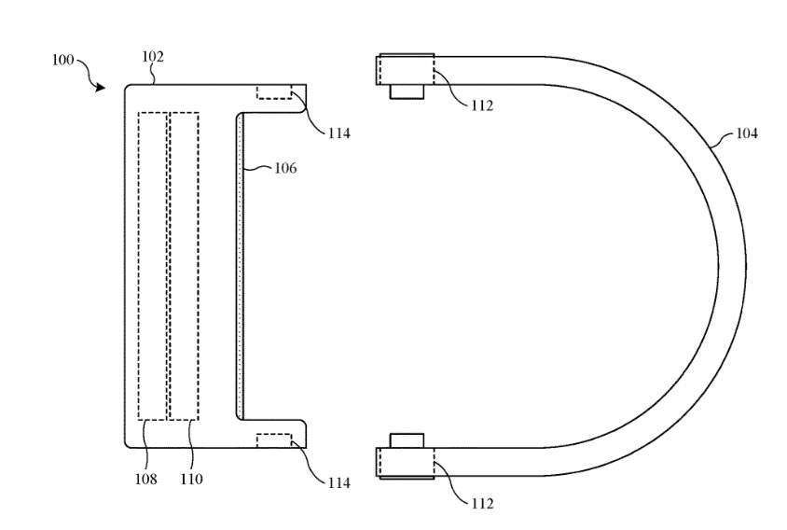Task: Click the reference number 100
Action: (x=62, y=61)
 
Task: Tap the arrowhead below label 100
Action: (x=101, y=88)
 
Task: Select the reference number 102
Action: (x=153, y=57)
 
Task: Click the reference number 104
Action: (x=747, y=133)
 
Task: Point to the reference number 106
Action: (x=285, y=168)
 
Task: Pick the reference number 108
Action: (x=145, y=480)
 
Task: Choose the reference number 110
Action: (x=192, y=480)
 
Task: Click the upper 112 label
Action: (x=482, y=105)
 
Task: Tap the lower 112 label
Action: (x=482, y=503)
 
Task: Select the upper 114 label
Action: (x=339, y=133)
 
